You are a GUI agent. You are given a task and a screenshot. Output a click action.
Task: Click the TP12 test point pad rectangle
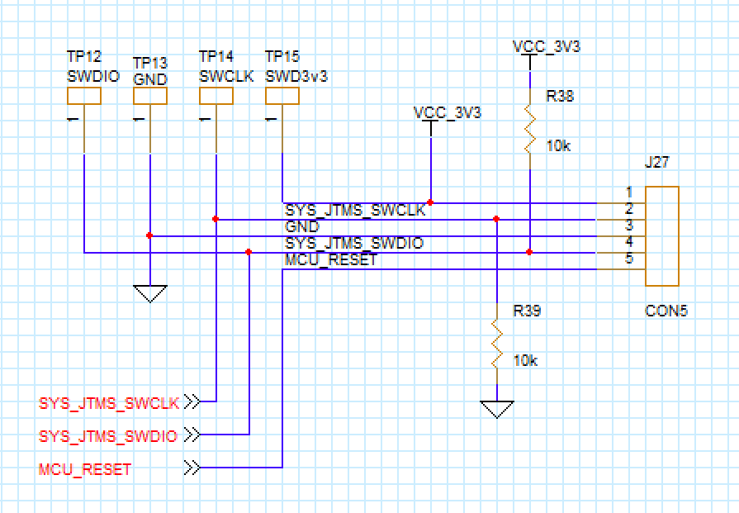pos(83,96)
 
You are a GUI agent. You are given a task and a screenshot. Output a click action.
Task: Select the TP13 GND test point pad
pos(149,96)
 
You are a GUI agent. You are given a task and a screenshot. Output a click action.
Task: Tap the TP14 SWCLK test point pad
pos(216,96)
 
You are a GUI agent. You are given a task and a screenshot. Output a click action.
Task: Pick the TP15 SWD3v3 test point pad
pos(282,96)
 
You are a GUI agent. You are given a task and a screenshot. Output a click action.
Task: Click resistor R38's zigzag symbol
pos(529,128)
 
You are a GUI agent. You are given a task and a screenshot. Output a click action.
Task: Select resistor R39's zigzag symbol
pos(496,344)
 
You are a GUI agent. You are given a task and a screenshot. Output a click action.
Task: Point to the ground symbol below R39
pos(496,409)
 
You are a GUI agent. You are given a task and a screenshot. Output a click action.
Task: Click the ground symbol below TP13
pos(149,293)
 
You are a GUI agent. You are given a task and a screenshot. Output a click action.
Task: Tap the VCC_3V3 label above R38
pos(546,47)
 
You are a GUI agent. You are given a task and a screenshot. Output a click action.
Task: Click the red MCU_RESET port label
pos(85,469)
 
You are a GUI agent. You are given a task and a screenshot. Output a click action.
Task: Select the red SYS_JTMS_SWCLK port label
pos(109,404)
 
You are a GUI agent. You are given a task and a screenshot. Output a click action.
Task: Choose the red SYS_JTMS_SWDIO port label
pos(108,436)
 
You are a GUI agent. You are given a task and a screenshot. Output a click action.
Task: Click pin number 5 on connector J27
pos(629,259)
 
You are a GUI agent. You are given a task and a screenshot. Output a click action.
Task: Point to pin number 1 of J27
pos(629,192)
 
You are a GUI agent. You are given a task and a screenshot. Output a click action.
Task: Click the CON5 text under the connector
pos(666,311)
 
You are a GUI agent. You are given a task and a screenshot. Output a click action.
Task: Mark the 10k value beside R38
pos(558,145)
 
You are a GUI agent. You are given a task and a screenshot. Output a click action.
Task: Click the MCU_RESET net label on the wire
pos(330,260)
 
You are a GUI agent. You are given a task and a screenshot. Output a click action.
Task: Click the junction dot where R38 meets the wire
pos(529,252)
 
